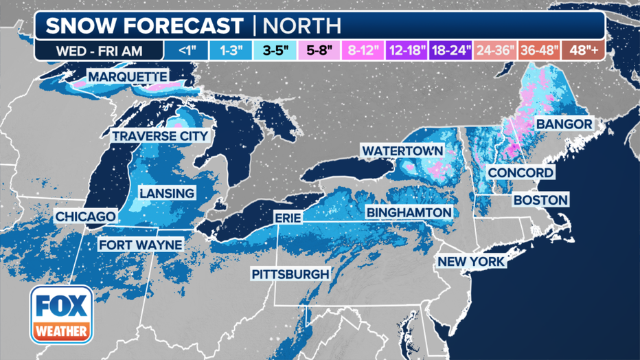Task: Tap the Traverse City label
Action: [x=159, y=136]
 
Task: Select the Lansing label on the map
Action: [x=167, y=193]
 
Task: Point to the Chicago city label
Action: [x=86, y=217]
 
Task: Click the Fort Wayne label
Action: [x=140, y=245]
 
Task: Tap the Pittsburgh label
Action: [x=290, y=274]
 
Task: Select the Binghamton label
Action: [x=409, y=212]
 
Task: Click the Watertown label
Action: [x=402, y=150]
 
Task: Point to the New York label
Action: [x=471, y=262]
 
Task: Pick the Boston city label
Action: [x=540, y=200]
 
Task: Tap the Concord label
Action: [x=520, y=172]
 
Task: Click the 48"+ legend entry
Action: [x=582, y=50]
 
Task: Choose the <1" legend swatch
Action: [x=185, y=50]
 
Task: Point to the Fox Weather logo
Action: [x=62, y=314]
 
